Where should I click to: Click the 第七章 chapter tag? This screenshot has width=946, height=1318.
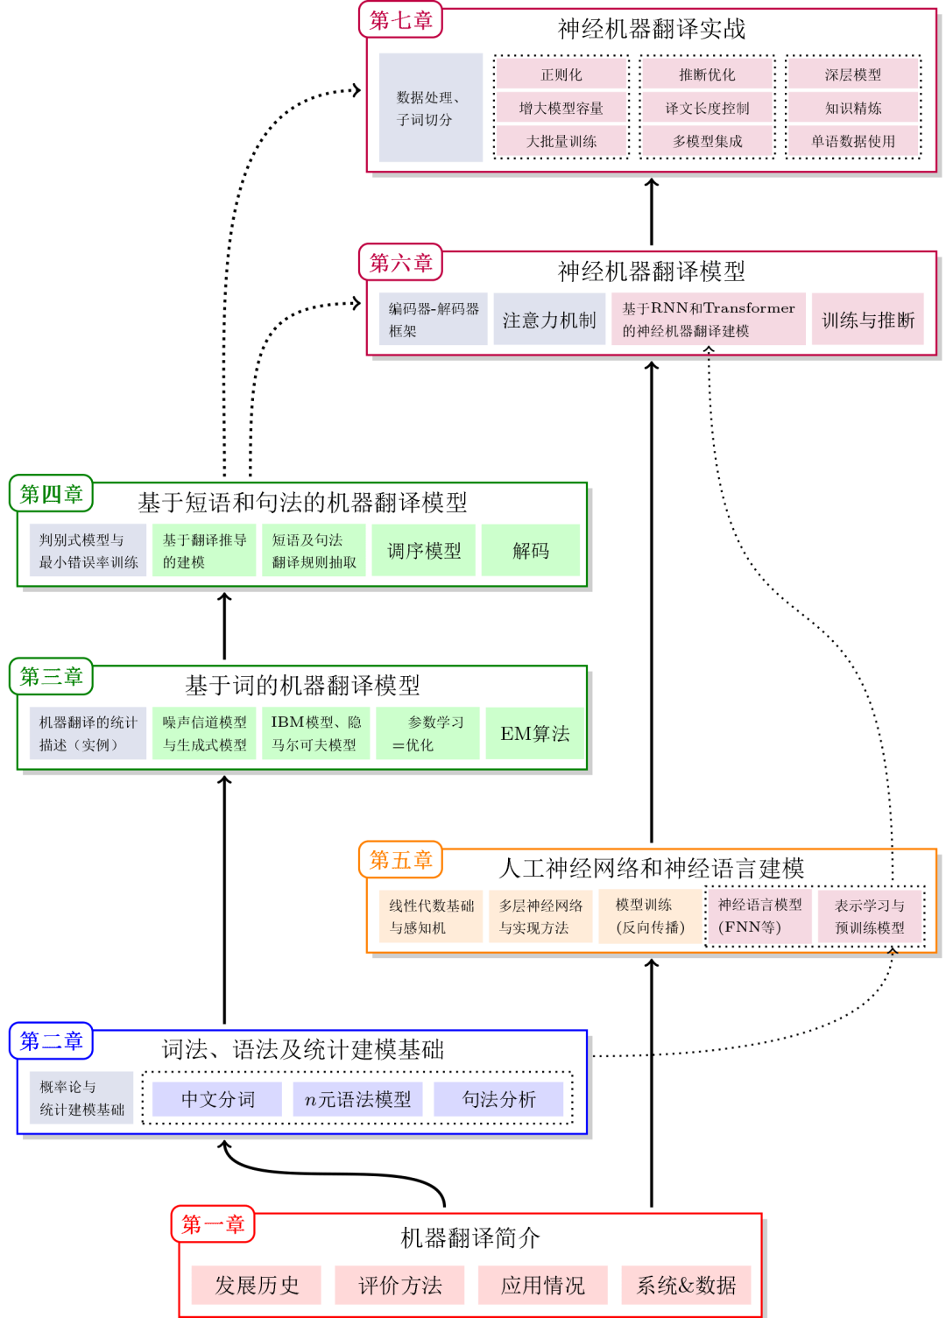(x=400, y=20)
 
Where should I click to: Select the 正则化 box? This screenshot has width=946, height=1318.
(x=561, y=74)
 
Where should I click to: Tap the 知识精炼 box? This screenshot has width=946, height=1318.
(x=853, y=108)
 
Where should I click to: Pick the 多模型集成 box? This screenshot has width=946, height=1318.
(x=707, y=141)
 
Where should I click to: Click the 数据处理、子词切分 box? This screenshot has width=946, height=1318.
(x=430, y=108)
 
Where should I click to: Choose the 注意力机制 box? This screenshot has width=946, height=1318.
(x=549, y=320)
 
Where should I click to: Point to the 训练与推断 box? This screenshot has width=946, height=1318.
(x=868, y=320)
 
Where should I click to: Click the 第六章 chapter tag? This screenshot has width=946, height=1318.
(x=400, y=262)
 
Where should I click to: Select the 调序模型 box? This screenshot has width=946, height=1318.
(x=424, y=550)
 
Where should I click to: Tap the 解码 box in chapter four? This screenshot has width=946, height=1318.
(x=531, y=550)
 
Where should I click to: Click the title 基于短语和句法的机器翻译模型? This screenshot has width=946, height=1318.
(x=302, y=502)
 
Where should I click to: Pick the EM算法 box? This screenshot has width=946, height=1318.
(x=535, y=733)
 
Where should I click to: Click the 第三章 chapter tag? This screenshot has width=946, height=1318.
(x=52, y=676)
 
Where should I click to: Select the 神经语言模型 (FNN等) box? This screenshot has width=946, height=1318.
(x=759, y=916)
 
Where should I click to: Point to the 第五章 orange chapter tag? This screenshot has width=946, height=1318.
(x=400, y=860)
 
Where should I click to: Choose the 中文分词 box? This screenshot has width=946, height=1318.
(x=217, y=1099)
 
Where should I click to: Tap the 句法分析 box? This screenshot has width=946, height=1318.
(x=498, y=1099)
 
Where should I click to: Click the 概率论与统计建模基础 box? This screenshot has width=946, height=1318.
(x=81, y=1098)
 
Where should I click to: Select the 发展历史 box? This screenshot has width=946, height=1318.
(x=257, y=1285)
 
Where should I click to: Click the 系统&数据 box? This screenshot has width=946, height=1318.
(x=686, y=1285)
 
